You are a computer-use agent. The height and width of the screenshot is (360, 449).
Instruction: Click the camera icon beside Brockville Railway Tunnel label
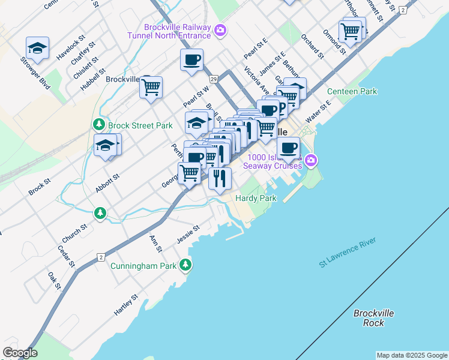tap(220, 29)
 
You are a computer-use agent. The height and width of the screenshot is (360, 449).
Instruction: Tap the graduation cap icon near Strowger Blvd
tap(37, 48)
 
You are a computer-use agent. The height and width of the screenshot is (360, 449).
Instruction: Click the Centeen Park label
tap(352, 92)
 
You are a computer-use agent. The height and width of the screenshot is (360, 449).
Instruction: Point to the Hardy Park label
tap(256, 197)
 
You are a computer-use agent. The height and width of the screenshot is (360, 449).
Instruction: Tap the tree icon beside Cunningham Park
tap(186, 265)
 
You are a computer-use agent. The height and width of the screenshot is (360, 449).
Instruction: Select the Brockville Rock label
tap(373, 317)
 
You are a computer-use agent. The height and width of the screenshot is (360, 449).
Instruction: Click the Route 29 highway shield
tap(213, 79)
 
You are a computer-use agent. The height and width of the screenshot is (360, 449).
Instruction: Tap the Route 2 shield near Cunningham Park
tap(100, 257)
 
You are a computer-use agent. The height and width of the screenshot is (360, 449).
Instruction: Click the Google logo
tap(20, 352)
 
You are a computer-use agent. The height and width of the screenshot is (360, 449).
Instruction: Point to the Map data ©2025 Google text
tap(411, 355)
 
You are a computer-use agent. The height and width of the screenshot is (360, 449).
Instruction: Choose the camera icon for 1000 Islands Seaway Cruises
tap(310, 160)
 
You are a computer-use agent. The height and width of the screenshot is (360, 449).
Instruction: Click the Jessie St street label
tap(187, 235)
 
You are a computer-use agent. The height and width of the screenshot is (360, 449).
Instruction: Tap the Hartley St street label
tap(126, 305)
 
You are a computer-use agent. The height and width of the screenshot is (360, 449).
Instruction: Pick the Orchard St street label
tap(313, 46)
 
